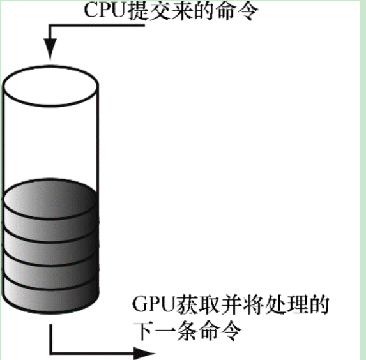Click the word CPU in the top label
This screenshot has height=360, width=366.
pyautogui.click(x=105, y=10)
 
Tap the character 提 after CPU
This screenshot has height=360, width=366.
pyautogui.click(x=138, y=10)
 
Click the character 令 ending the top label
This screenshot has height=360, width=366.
pyautogui.click(x=248, y=11)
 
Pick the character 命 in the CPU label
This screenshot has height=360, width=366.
pyautogui.click(x=226, y=10)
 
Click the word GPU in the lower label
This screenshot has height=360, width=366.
pyautogui.click(x=154, y=304)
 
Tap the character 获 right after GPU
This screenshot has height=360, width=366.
pyautogui.click(x=187, y=304)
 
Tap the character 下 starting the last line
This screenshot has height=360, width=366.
pyautogui.click(x=143, y=331)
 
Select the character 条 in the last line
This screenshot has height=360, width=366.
pyautogui.click(x=187, y=331)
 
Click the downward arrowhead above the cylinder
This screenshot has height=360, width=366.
pyautogui.click(x=50, y=49)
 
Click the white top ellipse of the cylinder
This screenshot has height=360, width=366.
pyautogui.click(x=50, y=86)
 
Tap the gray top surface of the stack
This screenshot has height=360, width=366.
pyautogui.click(x=50, y=199)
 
